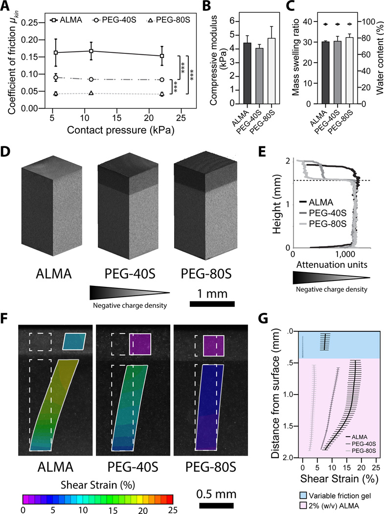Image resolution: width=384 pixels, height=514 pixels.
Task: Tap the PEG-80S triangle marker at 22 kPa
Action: pos(162,94)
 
